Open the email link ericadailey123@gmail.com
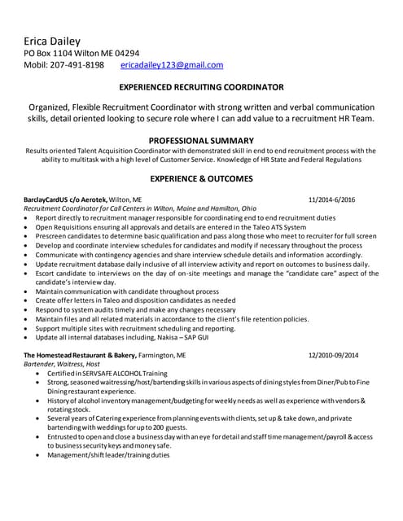(x=171, y=65)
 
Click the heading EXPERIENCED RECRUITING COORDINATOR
(x=201, y=86)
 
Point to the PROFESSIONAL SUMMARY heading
(x=201, y=140)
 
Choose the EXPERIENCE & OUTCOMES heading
(x=201, y=178)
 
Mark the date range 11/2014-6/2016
(x=332, y=199)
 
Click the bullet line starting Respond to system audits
(x=124, y=309)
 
